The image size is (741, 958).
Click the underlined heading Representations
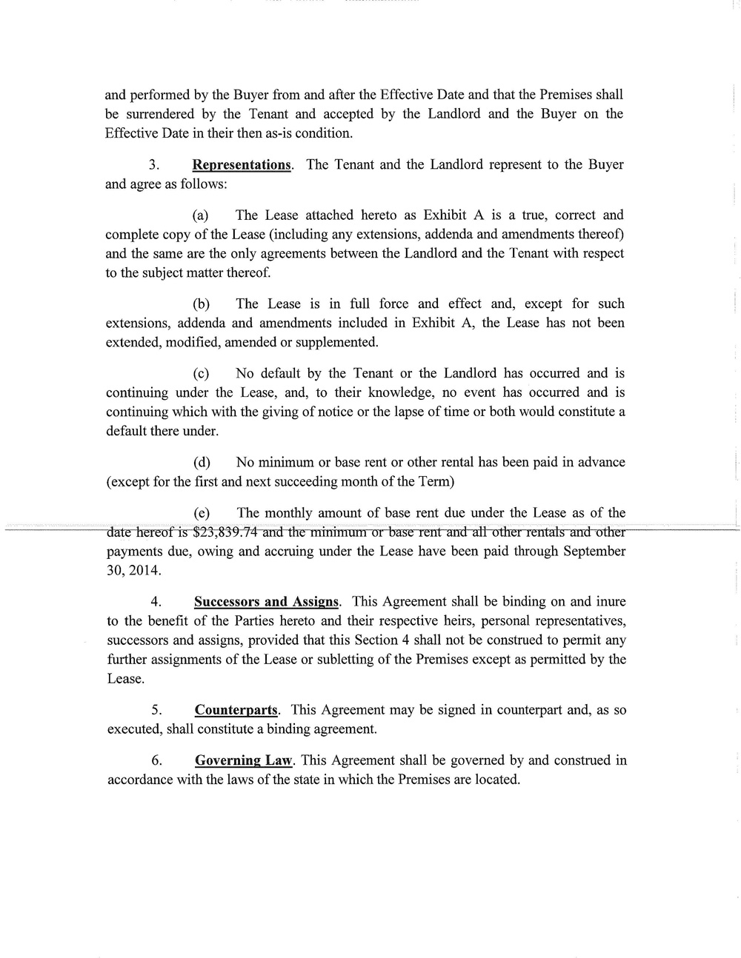tap(242, 164)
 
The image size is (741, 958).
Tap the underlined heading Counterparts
tap(236, 710)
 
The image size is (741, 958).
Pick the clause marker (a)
tap(200, 215)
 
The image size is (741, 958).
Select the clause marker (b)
tap(201, 304)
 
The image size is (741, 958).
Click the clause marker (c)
tap(201, 374)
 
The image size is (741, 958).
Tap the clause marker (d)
tap(201, 463)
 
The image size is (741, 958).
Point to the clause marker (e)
tap(201, 513)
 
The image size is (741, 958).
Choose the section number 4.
tap(156, 602)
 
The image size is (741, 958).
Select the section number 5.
tap(156, 710)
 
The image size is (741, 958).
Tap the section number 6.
tap(156, 760)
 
